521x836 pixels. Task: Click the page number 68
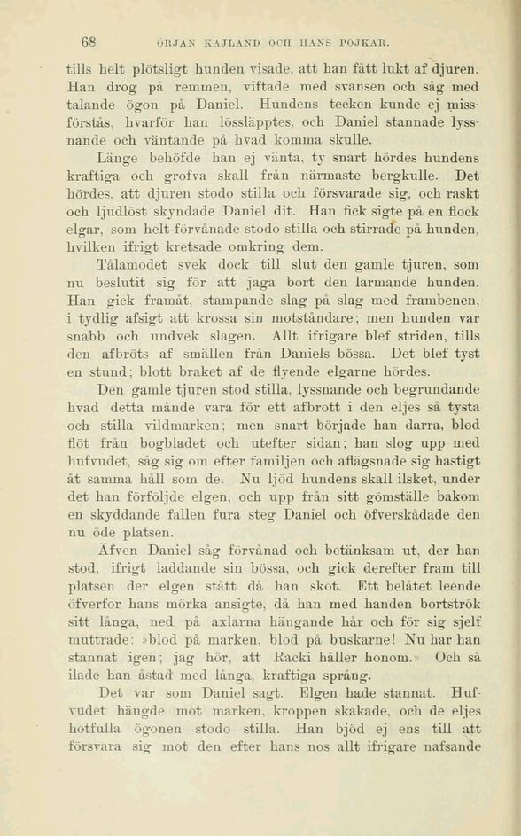click(x=89, y=41)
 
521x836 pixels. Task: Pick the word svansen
click(x=340, y=87)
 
